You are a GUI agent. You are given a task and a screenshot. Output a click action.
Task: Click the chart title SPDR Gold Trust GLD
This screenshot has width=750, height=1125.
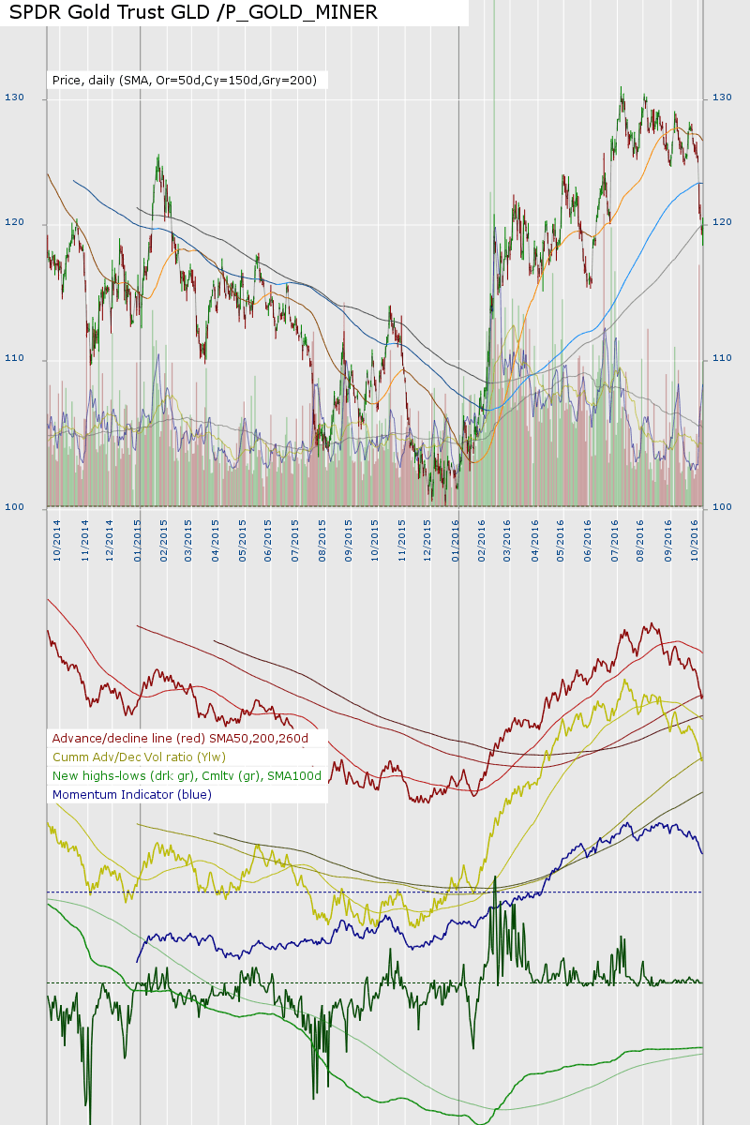(x=193, y=12)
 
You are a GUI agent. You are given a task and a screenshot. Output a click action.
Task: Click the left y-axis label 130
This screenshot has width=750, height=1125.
(x=14, y=97)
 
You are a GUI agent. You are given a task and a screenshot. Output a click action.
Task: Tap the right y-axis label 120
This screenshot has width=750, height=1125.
(x=722, y=222)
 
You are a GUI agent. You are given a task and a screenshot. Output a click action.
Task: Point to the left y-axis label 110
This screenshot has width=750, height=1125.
(x=14, y=359)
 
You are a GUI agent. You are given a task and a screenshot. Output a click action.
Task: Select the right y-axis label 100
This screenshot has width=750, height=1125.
(x=722, y=507)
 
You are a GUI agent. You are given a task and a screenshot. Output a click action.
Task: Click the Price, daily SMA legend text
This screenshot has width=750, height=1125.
(x=184, y=81)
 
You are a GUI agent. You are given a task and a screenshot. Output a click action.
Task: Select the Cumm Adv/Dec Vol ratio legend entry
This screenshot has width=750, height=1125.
(x=139, y=757)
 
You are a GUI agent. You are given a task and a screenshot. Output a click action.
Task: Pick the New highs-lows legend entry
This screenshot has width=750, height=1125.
(x=187, y=775)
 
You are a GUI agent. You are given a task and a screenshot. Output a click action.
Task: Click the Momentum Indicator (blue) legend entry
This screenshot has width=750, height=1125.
(x=132, y=794)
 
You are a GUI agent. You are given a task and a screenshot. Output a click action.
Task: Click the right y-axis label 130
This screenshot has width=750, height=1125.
(x=722, y=97)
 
